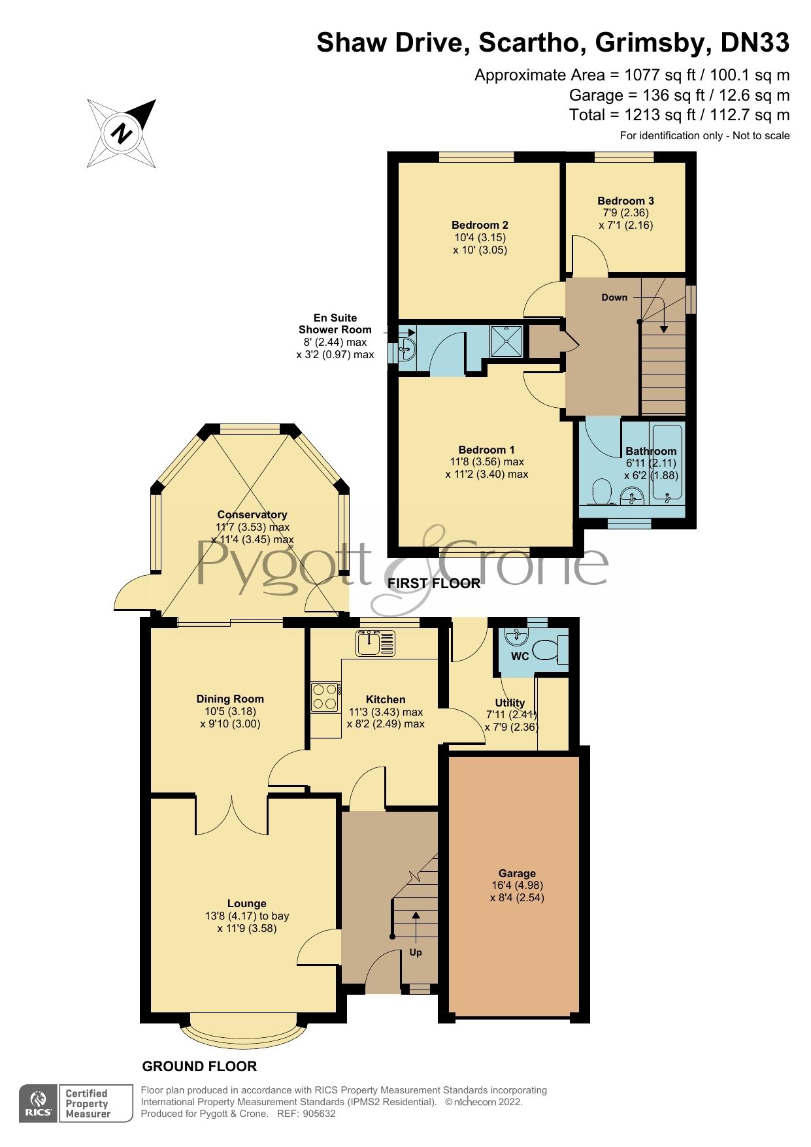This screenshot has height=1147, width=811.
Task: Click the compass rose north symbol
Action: pos(122,133)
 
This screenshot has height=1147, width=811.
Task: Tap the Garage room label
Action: pos(517,873)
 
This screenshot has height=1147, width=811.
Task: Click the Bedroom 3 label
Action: pos(625,201)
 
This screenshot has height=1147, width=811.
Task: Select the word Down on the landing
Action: pos(614,297)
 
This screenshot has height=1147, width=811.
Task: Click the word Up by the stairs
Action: pos(416,952)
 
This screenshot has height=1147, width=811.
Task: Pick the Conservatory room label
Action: pos(252,514)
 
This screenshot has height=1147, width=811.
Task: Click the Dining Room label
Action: pos(230,699)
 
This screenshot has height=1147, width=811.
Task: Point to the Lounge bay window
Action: pos(243,1032)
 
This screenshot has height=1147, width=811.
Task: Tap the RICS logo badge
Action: pos(40,1103)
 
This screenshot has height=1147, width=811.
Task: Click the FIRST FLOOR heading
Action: pos(434,583)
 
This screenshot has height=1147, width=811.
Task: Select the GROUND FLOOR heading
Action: pos(199,1066)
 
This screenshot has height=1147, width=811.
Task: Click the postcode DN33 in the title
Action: pos(755,43)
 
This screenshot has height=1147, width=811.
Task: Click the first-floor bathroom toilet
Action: pos(600,492)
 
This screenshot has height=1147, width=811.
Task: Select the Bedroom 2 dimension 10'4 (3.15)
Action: pos(480,237)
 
